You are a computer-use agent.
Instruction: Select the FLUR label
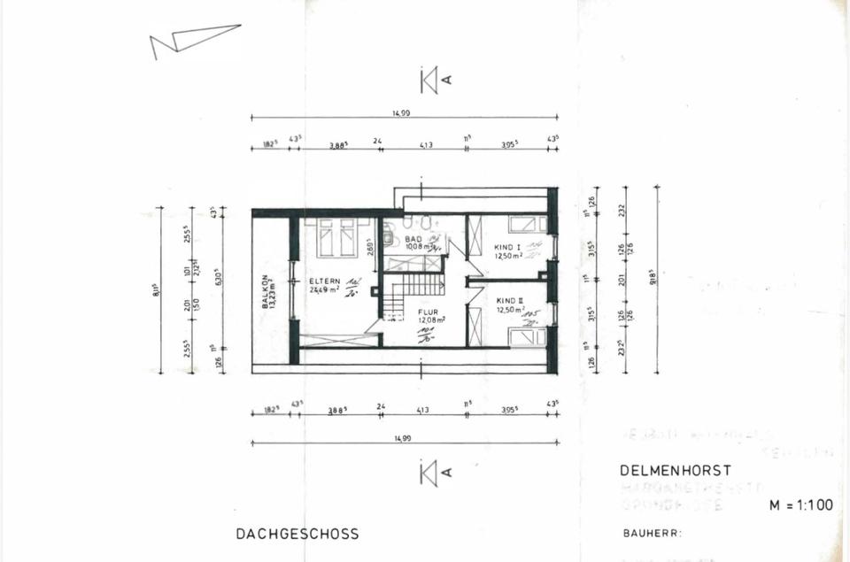[429, 312]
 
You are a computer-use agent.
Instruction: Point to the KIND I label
[507, 247]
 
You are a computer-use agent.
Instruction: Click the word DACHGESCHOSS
[297, 534]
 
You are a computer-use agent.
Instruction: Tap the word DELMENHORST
[676, 471]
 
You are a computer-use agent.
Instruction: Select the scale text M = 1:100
[800, 506]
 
